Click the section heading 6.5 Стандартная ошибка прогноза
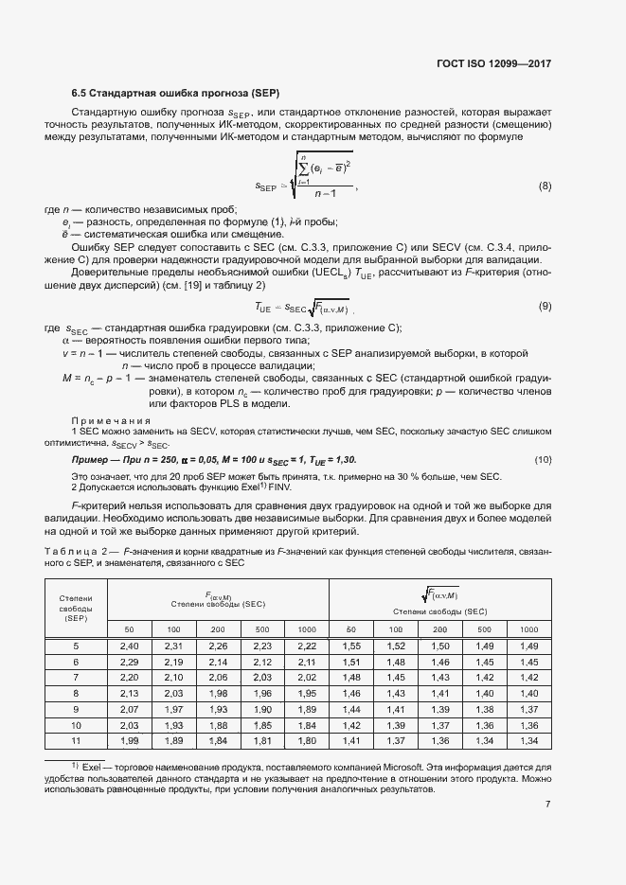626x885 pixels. coord(160,94)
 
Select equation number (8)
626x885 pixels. coord(545,186)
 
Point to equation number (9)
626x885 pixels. coord(545,306)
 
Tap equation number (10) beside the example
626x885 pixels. coord(544,459)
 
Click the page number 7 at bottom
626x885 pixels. coord(548,805)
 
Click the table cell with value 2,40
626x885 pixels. coord(130,646)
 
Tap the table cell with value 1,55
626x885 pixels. coord(351,646)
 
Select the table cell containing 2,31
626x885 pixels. coord(174,646)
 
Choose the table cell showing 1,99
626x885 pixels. coord(130,739)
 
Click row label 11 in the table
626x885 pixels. coord(77,739)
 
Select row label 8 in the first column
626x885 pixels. coord(77,693)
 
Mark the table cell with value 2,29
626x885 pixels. coord(130,662)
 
